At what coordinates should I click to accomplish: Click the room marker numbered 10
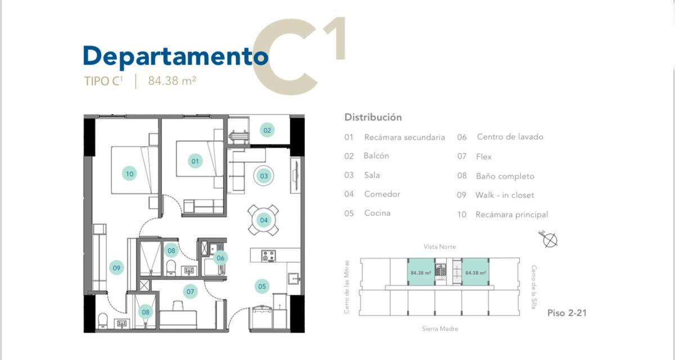129,173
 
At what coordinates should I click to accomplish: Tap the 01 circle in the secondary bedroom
195,161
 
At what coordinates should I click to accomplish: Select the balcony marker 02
267,130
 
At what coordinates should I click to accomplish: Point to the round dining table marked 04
263,220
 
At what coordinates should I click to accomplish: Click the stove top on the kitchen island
268,256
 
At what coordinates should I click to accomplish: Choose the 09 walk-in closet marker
116,268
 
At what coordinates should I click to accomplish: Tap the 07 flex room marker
190,291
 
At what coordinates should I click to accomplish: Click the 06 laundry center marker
220,258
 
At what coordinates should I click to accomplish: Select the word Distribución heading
373,117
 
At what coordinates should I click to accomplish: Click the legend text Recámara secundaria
404,137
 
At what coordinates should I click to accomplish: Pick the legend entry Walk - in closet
505,195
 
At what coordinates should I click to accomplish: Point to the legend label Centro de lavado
510,137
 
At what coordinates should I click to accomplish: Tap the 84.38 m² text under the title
172,81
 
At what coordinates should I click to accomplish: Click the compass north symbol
549,240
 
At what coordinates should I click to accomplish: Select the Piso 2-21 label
567,313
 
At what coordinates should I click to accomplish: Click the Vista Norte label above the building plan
440,247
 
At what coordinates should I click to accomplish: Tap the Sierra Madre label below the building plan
440,328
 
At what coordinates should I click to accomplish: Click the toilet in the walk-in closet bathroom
103,321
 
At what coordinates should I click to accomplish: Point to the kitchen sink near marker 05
294,278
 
